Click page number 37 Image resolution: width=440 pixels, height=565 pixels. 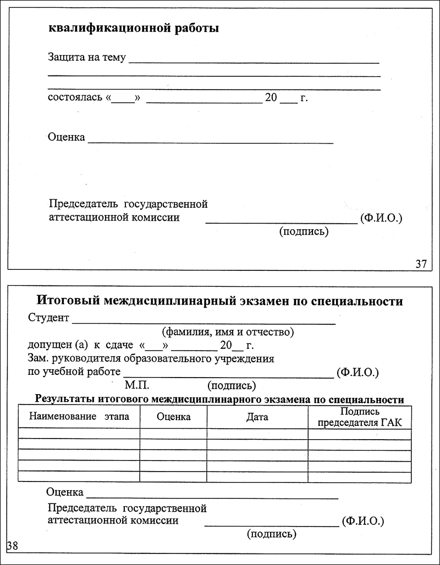(421, 264)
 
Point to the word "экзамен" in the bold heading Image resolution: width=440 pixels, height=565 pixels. (263, 301)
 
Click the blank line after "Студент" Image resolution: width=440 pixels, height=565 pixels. (204, 322)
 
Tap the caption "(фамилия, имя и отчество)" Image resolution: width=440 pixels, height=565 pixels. (228, 332)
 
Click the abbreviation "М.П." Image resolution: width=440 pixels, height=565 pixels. (137, 385)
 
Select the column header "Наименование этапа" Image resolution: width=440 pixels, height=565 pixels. (79, 417)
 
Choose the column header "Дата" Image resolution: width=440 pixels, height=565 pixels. (257, 417)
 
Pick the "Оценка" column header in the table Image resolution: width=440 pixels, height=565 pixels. (174, 417)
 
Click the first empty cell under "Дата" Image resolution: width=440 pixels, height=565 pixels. (257, 434)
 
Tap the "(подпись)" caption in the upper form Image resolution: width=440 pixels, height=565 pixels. (304, 231)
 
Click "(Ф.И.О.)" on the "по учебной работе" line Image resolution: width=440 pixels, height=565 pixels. (358, 373)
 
